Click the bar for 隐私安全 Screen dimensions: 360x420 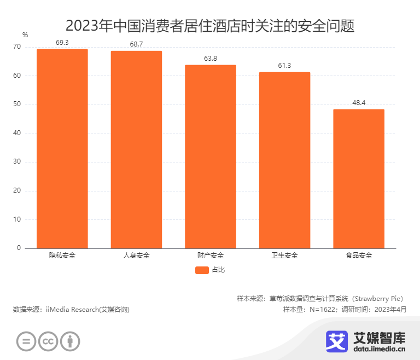click(62, 149)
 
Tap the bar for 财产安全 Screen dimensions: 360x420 click(210, 156)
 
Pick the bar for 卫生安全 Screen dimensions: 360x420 click(284, 160)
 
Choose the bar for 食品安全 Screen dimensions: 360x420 click(359, 179)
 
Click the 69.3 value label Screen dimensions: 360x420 click(62, 42)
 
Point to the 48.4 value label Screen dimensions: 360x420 click(359, 102)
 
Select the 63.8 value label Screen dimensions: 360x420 click(210, 58)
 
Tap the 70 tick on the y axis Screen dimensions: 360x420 click(17, 47)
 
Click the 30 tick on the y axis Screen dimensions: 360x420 click(17, 162)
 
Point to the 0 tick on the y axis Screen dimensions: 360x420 click(19, 248)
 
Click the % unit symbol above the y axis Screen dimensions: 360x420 click(25, 35)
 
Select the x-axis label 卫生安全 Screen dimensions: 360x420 click(284, 256)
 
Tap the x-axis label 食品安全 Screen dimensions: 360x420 click(359, 256)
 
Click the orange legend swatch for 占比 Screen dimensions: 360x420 click(202, 270)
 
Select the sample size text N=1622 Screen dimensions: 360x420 click(320, 310)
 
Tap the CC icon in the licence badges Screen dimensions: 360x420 click(48, 341)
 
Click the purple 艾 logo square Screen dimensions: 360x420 click(337, 341)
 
